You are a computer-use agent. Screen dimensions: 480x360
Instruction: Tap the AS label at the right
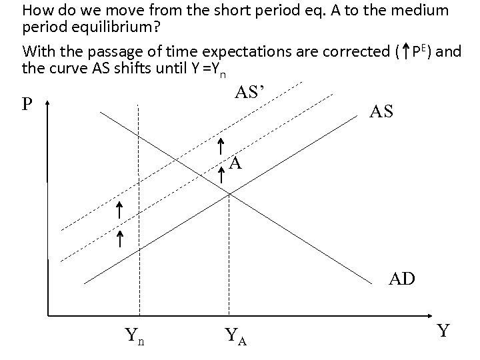tap(381, 113)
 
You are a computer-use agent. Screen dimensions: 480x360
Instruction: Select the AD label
tap(403, 278)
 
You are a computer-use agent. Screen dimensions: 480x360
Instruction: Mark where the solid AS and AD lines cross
tap(229, 193)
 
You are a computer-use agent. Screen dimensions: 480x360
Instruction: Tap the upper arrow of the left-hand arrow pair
tap(118, 211)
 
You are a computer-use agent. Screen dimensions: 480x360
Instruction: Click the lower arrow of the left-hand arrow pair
tap(121, 239)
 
